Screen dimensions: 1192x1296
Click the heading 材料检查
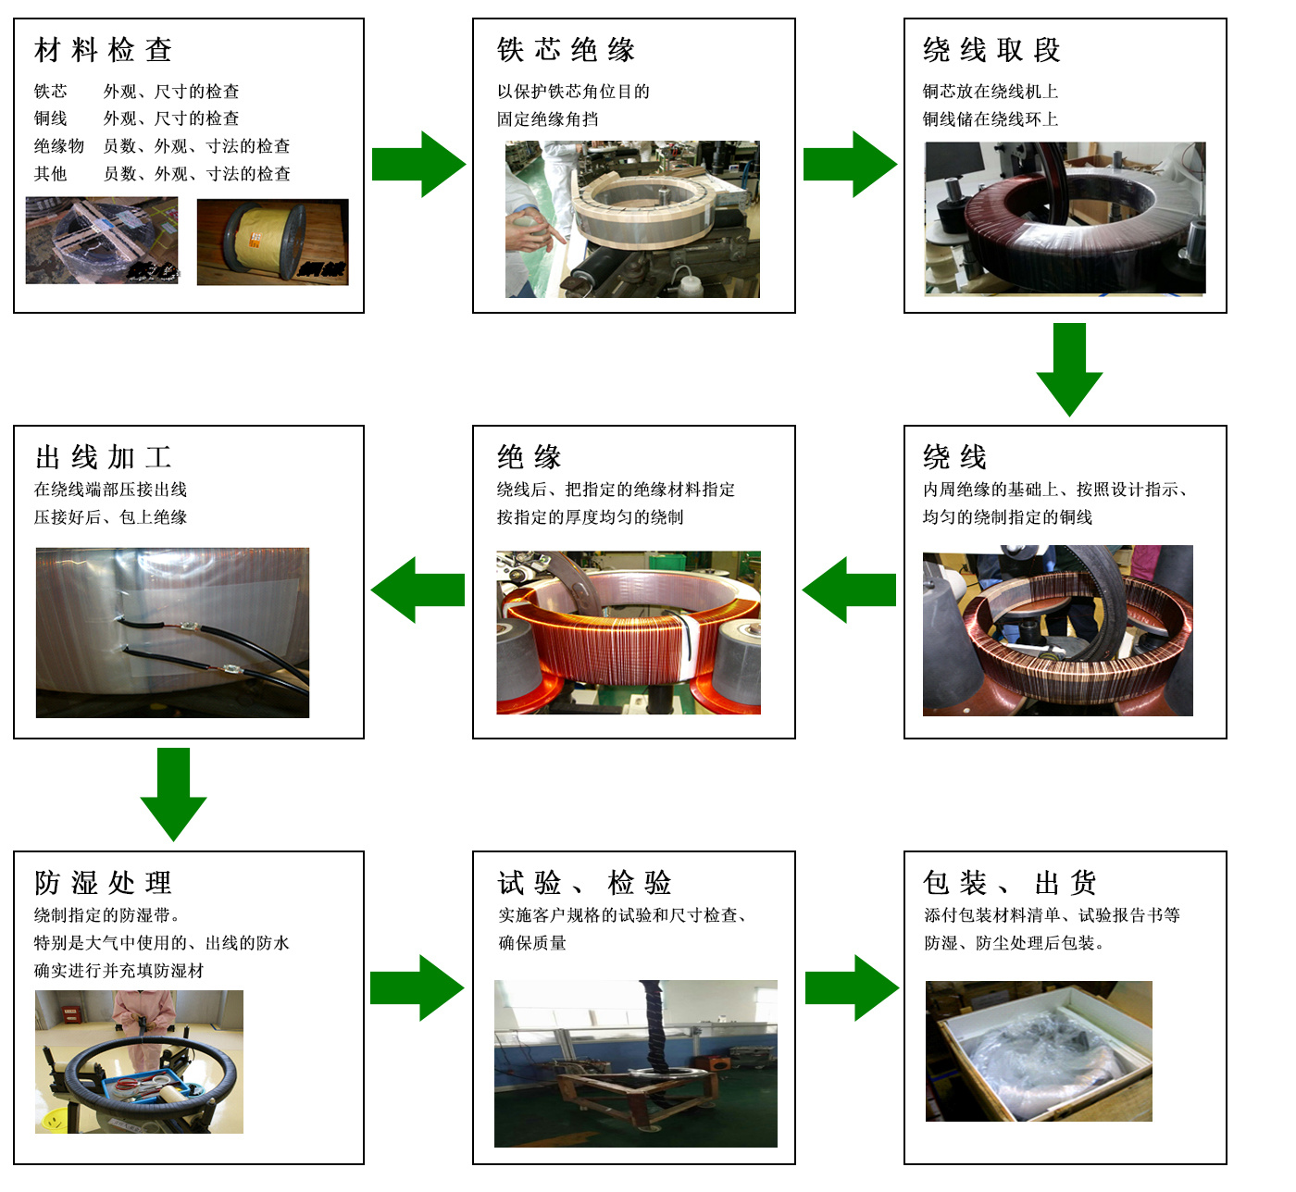point(103,50)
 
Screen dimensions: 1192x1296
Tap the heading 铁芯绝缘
point(566,50)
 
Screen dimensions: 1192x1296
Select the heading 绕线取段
point(991,50)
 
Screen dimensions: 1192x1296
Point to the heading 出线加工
point(103,457)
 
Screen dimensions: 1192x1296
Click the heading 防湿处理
point(103,883)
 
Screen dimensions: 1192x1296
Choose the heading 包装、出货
point(1010,883)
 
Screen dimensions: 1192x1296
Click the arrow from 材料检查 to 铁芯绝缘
point(418,165)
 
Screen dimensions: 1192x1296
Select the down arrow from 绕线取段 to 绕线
point(1069,368)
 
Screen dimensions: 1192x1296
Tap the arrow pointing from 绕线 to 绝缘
point(849,590)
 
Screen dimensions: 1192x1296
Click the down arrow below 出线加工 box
point(173,793)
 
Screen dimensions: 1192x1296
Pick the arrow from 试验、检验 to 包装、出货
point(852,987)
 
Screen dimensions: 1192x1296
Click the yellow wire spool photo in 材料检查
point(272,242)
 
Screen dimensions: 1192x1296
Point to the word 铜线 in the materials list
point(51,118)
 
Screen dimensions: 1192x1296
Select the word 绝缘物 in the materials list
point(59,146)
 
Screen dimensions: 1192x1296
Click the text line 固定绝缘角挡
point(548,119)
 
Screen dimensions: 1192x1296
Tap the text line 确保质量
point(532,943)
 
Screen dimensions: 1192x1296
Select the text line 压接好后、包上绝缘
point(111,517)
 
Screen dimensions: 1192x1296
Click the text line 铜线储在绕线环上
point(991,119)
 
